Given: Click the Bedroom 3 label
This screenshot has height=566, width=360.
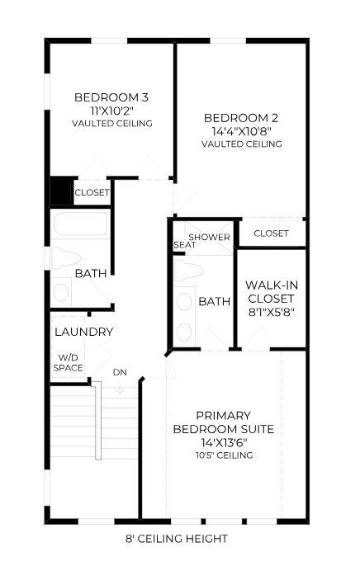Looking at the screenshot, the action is click(111, 97).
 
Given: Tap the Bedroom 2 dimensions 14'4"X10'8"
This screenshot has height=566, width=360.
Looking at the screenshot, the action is click(242, 130).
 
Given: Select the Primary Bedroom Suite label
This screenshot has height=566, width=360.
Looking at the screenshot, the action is click(224, 422).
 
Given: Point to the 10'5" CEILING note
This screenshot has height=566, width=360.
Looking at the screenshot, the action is click(225, 455).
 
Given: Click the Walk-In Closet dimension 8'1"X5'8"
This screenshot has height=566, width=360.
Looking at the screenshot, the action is click(272, 312).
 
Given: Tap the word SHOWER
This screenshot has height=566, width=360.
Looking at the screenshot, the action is click(209, 237).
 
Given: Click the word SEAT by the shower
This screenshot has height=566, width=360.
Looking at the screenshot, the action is click(184, 245).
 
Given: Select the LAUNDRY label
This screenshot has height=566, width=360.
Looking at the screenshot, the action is click(83, 332).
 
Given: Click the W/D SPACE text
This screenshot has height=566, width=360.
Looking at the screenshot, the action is click(68, 363).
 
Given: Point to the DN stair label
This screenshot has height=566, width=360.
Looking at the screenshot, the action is click(120, 372).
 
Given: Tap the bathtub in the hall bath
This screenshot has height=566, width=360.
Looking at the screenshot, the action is click(80, 224).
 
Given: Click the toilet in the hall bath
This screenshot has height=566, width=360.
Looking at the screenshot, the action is click(65, 257).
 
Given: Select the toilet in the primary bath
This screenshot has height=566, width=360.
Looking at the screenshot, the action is click(188, 271).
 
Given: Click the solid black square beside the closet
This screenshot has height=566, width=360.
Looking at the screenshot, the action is click(61, 191).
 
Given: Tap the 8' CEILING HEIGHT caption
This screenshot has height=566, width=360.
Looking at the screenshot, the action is click(177, 539).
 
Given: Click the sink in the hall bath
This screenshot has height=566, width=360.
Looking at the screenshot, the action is click(61, 292).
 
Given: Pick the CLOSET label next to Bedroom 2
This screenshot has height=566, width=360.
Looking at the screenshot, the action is click(271, 233).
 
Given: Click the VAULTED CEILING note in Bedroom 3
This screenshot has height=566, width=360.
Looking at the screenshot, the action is click(112, 124).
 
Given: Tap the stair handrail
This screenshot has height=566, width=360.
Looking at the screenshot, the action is click(97, 421).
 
